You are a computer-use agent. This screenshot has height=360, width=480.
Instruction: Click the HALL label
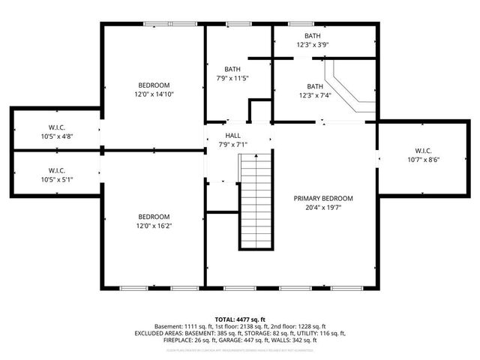(x=232, y=136)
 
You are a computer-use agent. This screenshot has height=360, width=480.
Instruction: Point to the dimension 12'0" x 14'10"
(x=154, y=94)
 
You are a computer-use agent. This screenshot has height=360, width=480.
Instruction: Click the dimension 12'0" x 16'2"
(x=154, y=226)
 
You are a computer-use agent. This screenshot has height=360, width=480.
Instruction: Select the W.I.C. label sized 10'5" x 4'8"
(x=57, y=127)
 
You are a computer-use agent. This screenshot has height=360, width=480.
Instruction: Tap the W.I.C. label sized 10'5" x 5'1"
(x=57, y=170)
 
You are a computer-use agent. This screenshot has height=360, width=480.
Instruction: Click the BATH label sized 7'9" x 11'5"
(x=232, y=69)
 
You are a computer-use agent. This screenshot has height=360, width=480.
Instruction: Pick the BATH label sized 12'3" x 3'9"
(x=313, y=35)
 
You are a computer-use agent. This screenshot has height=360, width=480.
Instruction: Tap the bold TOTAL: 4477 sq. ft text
(x=240, y=319)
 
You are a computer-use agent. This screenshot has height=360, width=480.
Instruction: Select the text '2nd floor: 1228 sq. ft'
(x=292, y=326)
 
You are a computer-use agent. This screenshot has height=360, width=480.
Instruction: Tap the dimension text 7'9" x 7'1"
(x=232, y=144)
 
